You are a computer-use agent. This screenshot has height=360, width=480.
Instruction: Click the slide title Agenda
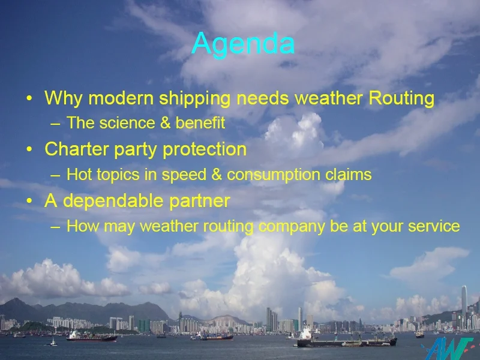pos(244,44)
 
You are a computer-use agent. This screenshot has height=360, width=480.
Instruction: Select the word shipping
pos(194,98)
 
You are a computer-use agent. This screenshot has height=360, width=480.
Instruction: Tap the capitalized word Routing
pos(401,98)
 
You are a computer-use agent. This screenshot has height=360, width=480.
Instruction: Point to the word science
pos(127,123)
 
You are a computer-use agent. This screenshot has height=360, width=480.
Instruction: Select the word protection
pos(205,149)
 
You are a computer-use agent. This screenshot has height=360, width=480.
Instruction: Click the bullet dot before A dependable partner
pos(29,201)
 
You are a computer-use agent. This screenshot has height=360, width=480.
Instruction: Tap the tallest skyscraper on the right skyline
pos(464,304)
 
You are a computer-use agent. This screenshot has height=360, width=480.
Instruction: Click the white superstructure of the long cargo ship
pos(305,334)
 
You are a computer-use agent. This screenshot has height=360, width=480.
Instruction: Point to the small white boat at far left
pos(53,342)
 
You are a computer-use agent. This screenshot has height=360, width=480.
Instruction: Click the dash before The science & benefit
pos(55,124)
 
